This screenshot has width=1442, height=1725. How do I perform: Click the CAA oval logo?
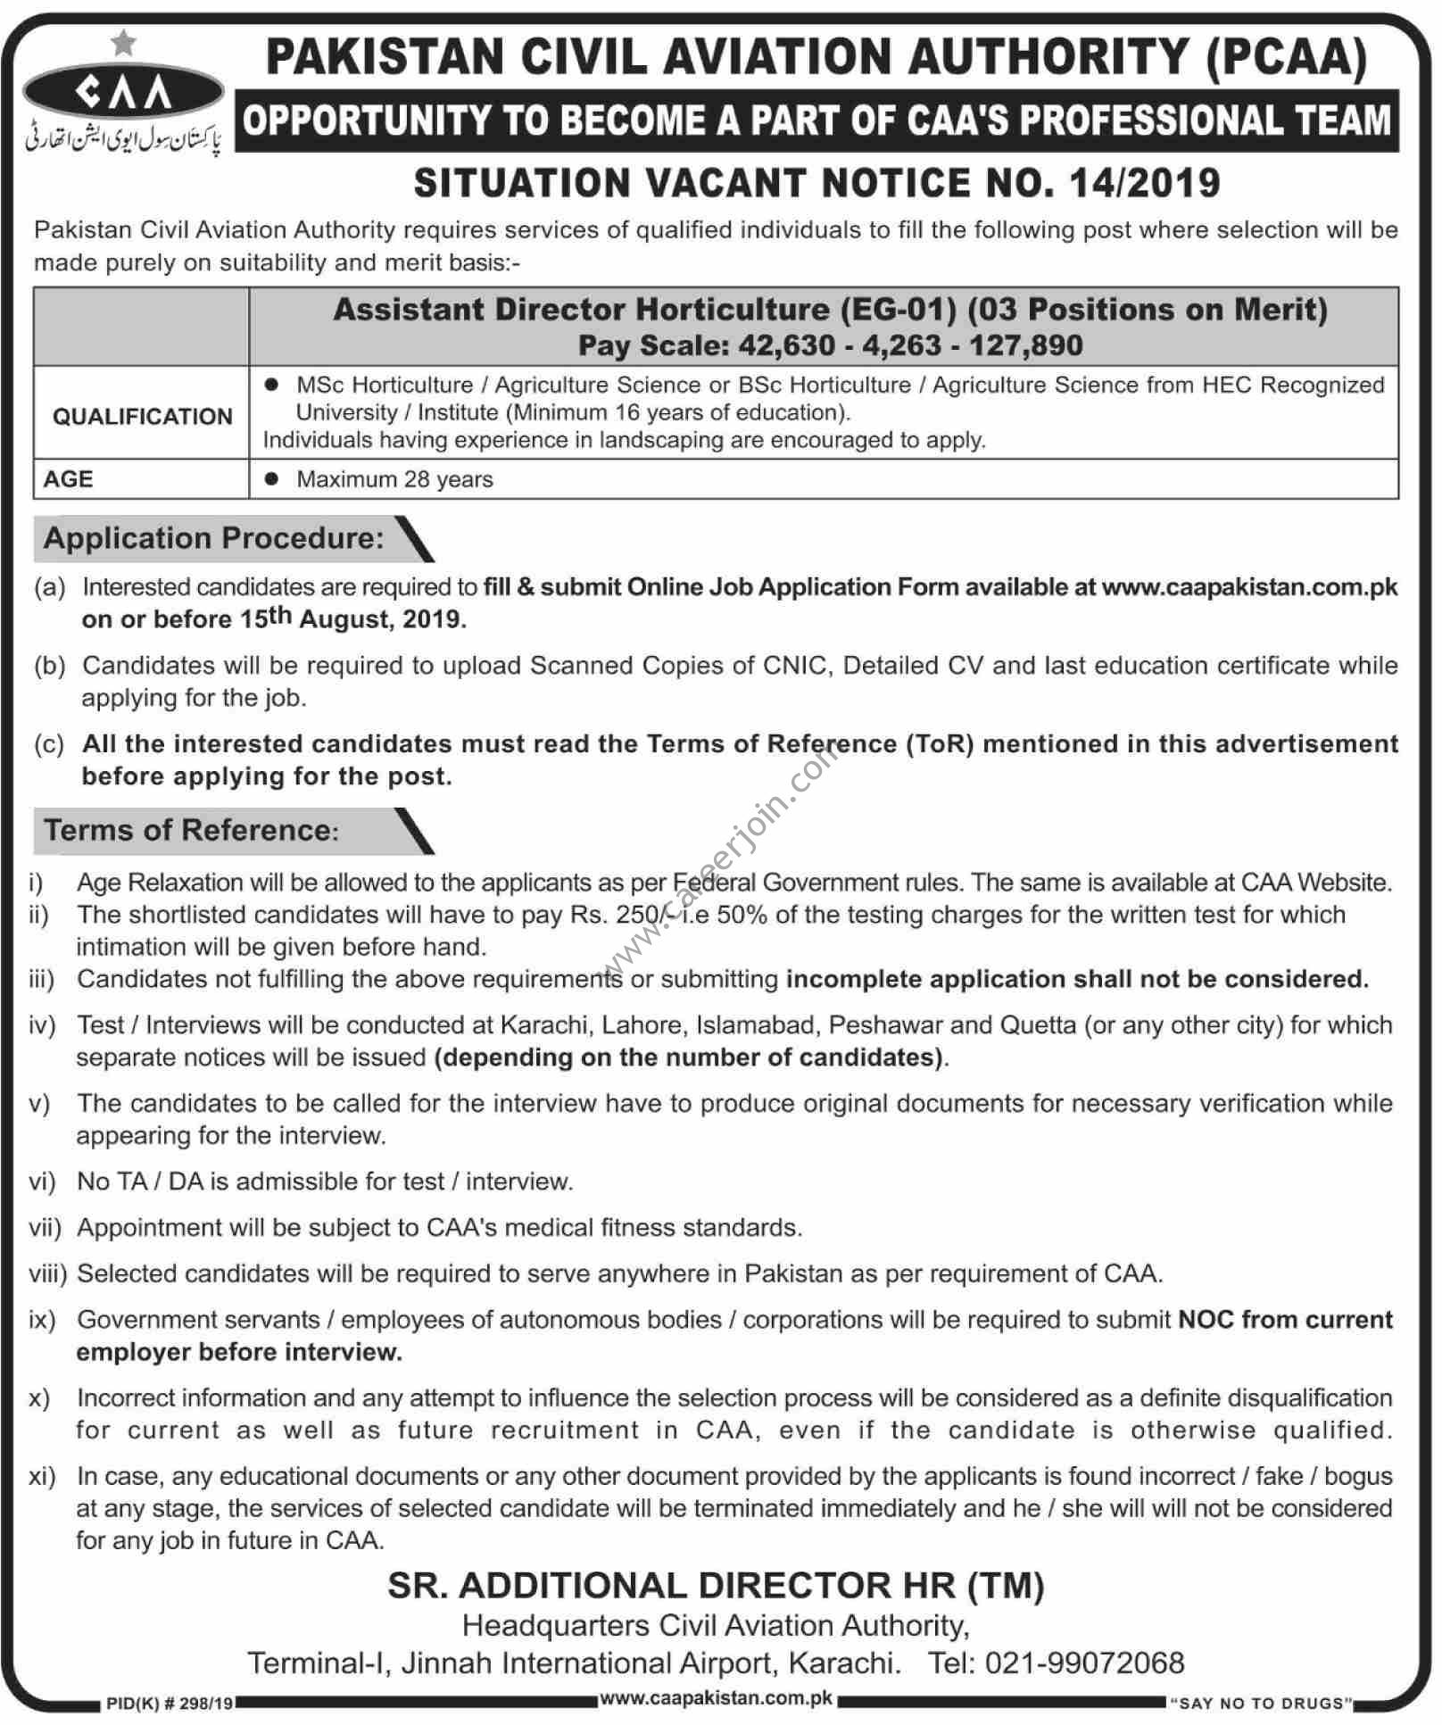(x=123, y=92)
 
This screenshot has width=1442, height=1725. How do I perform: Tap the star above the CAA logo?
(x=124, y=42)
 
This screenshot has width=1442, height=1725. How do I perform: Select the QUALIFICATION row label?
(x=142, y=416)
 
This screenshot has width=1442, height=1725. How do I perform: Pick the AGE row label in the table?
(x=68, y=479)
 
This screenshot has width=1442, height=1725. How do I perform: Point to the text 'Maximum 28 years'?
(x=394, y=479)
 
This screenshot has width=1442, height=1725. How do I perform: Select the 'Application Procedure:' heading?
(x=213, y=538)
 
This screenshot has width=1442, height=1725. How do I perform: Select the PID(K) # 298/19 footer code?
(x=170, y=1704)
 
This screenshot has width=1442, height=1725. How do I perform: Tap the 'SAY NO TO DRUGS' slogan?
(x=1261, y=1704)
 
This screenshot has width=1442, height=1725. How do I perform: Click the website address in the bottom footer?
(x=716, y=1699)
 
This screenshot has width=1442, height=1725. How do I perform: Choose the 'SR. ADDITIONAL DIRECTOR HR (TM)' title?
(x=716, y=1586)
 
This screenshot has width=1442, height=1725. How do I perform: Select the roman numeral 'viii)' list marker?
(x=47, y=1273)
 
